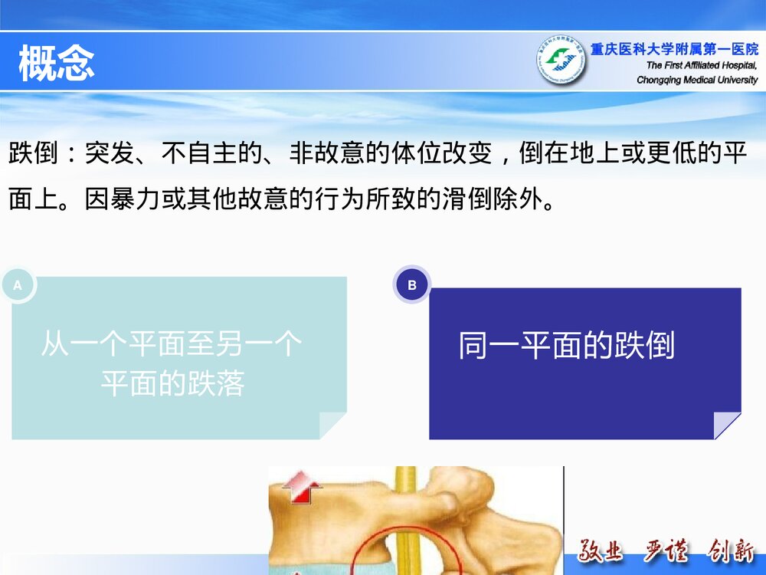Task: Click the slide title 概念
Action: click(57, 63)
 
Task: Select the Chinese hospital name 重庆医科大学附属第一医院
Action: click(674, 50)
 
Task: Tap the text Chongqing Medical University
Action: click(697, 80)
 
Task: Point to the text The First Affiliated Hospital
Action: click(701, 65)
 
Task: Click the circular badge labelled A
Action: click(18, 285)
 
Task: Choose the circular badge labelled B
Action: click(412, 285)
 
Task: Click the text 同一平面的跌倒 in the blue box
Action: click(566, 346)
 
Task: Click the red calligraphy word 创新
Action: click(731, 551)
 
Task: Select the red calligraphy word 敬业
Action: click(602, 551)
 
